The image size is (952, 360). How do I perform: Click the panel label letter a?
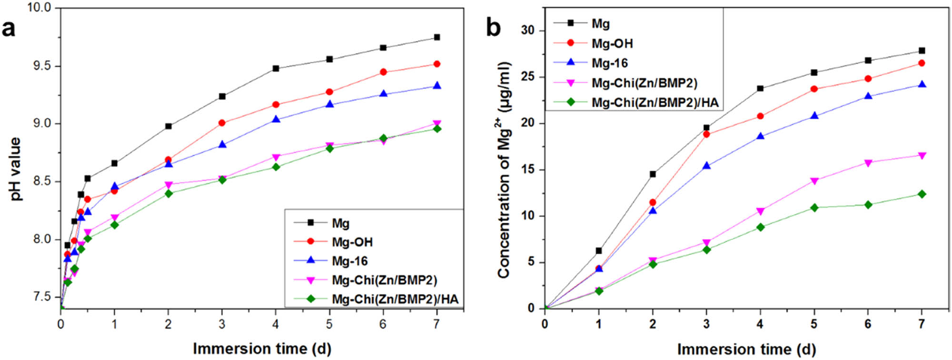(x=9, y=29)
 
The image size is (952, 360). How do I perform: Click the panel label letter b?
(x=493, y=28)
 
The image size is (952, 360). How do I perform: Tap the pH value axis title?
(x=15, y=169)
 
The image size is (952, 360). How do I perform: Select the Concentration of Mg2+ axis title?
(x=505, y=170)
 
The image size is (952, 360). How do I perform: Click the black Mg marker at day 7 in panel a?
(x=437, y=37)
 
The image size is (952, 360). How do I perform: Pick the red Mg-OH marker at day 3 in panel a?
(x=222, y=123)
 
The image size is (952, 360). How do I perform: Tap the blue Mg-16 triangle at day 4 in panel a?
(x=276, y=120)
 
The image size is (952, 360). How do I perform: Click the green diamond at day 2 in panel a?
(x=168, y=193)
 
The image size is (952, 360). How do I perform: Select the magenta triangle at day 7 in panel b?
(x=922, y=156)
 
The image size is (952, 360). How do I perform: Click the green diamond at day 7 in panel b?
(x=922, y=194)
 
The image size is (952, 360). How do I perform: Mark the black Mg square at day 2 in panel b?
(x=653, y=174)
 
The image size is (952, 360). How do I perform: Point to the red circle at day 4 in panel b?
(x=760, y=116)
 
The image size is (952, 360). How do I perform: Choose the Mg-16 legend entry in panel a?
(x=350, y=261)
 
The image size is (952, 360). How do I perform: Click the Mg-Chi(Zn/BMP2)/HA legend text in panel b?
(x=655, y=103)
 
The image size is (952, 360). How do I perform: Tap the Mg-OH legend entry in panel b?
(x=612, y=43)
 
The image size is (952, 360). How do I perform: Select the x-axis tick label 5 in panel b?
(x=814, y=324)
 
